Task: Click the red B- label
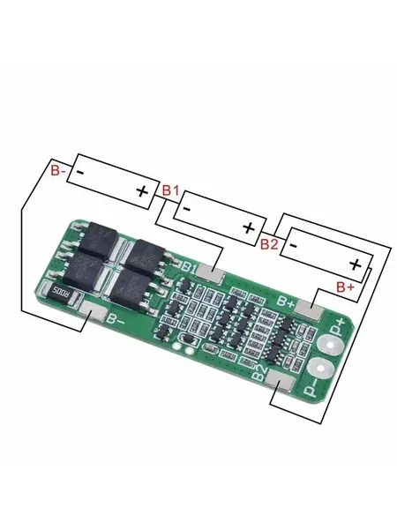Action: (x=57, y=171)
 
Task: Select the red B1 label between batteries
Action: (x=171, y=190)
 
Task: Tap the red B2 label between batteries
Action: (x=269, y=243)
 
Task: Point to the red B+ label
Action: (x=346, y=287)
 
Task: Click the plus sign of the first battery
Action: (x=142, y=191)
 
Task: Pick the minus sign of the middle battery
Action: (x=187, y=209)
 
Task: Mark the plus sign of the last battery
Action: (x=355, y=264)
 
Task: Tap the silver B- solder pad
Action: (x=94, y=310)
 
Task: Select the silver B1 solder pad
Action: (x=209, y=272)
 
